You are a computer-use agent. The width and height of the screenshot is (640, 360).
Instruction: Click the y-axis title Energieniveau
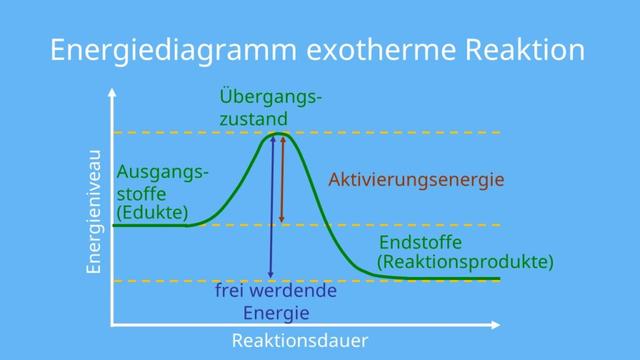tap(94, 211)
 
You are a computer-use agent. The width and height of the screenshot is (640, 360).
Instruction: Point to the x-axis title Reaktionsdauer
tap(300, 341)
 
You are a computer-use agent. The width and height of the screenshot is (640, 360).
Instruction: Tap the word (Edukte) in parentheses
tap(151, 213)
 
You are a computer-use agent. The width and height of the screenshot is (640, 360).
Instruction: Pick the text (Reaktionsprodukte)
tap(465, 263)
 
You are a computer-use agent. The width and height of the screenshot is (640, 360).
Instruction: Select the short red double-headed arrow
tap(282, 180)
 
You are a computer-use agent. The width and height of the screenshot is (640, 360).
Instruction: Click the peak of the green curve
tap(277, 133)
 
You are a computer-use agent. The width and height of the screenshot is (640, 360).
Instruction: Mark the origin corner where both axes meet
tap(112, 325)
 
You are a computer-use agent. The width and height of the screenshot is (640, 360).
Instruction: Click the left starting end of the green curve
tap(114, 226)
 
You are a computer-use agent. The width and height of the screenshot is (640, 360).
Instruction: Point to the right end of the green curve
tap(498, 278)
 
